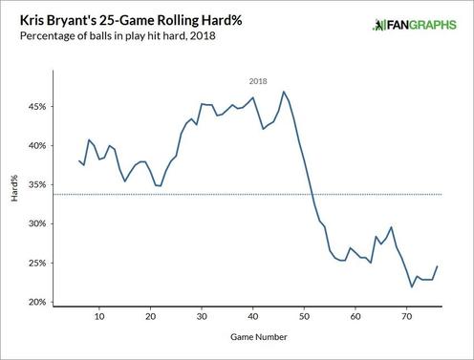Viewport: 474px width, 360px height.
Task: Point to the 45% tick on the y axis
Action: (30, 107)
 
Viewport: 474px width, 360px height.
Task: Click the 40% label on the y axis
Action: (30, 146)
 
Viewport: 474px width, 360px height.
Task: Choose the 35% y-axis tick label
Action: (30, 185)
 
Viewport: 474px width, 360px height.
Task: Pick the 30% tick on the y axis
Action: (30, 224)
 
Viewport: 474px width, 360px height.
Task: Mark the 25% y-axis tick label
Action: (30, 264)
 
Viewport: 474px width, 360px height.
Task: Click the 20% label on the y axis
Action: (30, 303)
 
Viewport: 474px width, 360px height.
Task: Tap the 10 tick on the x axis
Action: (99, 315)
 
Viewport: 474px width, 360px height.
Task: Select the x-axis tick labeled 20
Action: (151, 315)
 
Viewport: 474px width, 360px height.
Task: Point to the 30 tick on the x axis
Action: (202, 315)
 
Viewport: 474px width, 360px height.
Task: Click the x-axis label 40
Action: (252, 315)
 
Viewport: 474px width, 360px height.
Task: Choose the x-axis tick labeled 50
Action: (304, 315)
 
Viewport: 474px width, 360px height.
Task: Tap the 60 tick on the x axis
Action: (355, 315)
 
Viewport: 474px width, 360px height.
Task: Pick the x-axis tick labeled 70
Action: (405, 315)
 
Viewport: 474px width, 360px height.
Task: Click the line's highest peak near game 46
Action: (284, 92)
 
